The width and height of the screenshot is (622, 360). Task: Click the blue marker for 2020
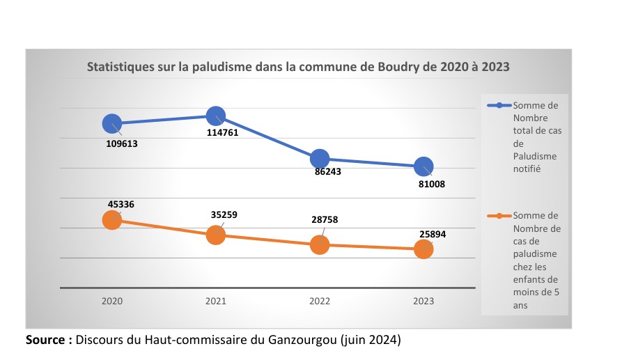click(112, 123)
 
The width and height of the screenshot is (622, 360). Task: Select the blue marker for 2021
click(216, 116)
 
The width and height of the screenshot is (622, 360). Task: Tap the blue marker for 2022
click(320, 158)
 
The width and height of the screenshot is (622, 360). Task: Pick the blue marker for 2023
click(423, 166)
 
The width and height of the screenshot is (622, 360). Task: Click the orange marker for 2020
click(112, 220)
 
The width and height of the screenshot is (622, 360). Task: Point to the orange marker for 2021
click(216, 235)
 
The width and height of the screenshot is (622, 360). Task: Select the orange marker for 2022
click(320, 244)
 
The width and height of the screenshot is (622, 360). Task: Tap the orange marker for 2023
click(423, 249)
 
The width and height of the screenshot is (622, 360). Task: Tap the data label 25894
click(432, 235)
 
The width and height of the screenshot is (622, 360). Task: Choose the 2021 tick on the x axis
click(216, 302)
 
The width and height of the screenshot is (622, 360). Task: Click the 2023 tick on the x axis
click(423, 302)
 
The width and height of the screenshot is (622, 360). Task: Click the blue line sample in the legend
click(499, 106)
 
